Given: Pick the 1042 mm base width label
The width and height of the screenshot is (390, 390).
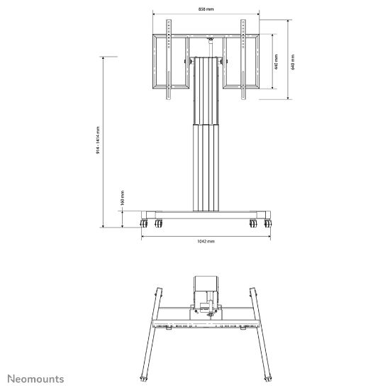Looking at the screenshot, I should [205, 242].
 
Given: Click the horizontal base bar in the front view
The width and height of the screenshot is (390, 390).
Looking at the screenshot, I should [206, 214].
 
